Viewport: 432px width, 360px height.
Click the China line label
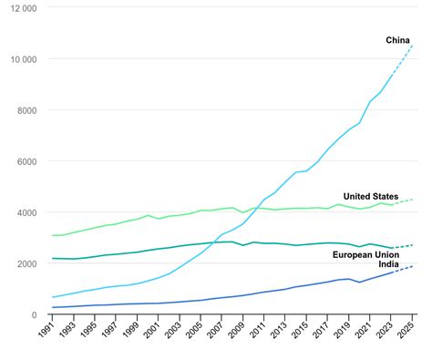[397, 40]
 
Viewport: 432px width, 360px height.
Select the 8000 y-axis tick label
[25, 110]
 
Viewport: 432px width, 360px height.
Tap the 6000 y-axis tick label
[25, 161]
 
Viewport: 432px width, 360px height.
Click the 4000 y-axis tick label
[25, 212]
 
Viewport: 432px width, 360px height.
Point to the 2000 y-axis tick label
[25, 263]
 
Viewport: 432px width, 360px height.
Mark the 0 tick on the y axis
[34, 314]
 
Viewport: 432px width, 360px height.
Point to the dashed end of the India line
[404, 269]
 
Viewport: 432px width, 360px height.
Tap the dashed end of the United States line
[404, 201]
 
